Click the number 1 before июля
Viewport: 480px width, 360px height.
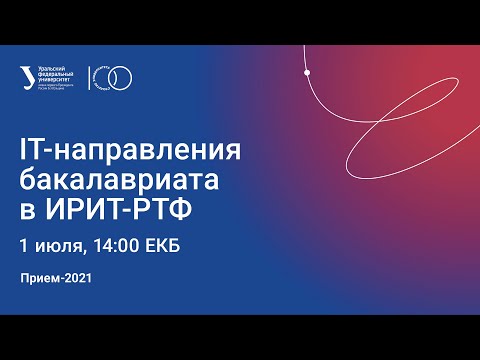click(23, 245)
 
